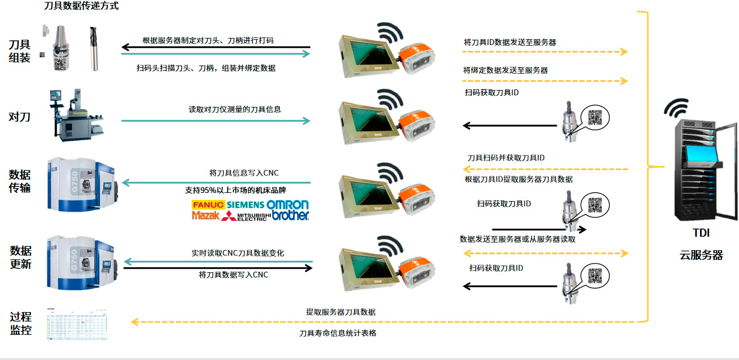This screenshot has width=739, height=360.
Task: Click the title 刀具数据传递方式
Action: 81,6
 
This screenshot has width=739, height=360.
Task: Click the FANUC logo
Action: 208,205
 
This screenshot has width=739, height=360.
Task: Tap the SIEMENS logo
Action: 245,205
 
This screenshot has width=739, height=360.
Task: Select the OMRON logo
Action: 287,205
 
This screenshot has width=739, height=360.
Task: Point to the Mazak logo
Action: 205,216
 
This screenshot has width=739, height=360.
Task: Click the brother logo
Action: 290,215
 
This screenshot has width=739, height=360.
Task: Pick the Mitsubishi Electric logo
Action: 247,216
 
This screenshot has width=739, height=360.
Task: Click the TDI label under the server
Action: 700,233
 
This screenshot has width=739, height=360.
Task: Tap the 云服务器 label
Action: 701,255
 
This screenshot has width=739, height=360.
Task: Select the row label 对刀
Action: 19,117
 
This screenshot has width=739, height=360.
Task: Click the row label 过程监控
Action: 20,323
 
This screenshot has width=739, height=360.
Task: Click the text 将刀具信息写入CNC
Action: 244,173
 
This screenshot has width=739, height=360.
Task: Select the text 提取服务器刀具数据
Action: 341,312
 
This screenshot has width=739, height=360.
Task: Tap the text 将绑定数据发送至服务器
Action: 505,70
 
